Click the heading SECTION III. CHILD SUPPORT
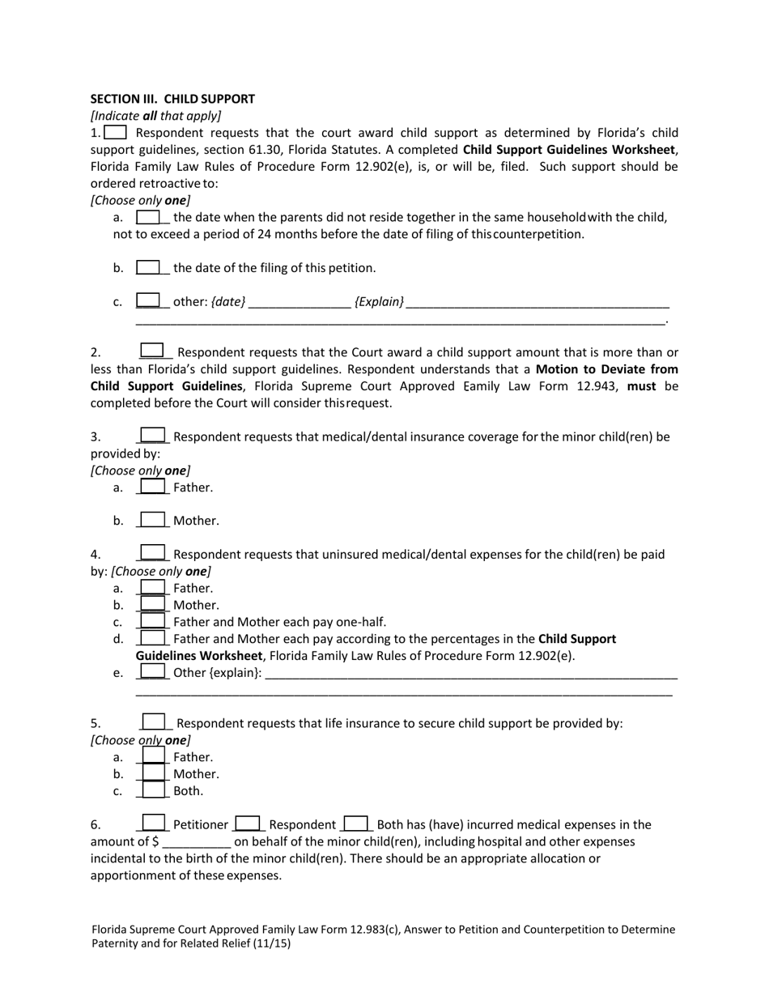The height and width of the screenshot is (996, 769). [172, 99]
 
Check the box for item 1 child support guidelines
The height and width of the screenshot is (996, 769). [116, 133]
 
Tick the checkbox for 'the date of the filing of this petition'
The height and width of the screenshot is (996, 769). [148, 267]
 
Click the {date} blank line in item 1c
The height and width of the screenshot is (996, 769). [300, 302]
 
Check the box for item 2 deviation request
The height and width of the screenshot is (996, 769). [152, 351]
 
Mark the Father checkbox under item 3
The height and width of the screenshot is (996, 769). [153, 487]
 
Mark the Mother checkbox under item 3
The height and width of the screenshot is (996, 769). [153, 520]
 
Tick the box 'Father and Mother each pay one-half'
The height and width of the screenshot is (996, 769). [153, 622]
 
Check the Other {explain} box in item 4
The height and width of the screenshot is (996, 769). [153, 672]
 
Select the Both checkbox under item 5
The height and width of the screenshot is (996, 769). [153, 790]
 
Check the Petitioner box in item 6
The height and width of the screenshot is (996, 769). [154, 824]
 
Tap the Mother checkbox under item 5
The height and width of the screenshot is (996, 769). [153, 773]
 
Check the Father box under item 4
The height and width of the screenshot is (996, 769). [153, 588]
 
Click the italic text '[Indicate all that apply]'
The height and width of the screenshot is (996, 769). [155, 116]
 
